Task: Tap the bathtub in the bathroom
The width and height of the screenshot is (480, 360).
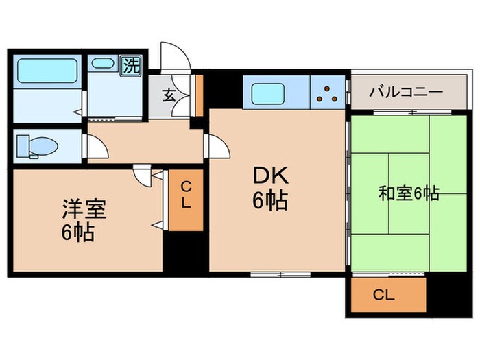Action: pos(47,71)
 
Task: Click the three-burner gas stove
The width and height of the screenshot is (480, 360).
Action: pos(328,93)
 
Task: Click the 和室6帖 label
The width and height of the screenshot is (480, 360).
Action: pos(409,194)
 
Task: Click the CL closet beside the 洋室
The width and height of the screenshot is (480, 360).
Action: pos(187,198)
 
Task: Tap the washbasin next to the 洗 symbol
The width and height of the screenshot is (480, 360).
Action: pos(104,65)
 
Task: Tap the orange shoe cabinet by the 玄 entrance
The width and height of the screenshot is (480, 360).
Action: pos(199,95)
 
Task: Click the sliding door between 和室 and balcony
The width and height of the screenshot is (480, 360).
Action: pos(399,111)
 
